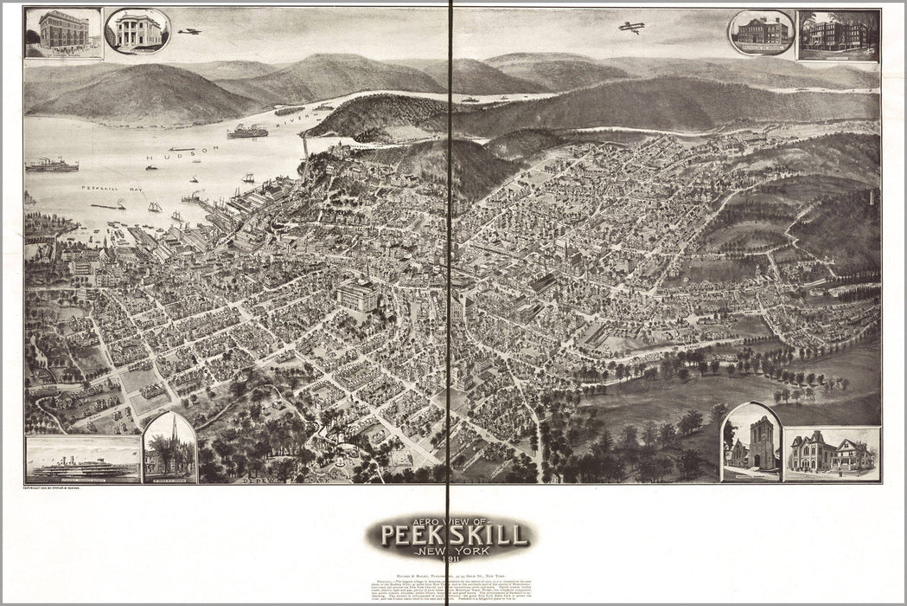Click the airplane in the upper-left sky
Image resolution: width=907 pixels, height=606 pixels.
[189, 31]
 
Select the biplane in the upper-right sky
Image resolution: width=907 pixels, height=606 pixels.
[631, 28]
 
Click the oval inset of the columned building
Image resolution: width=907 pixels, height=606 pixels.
[137, 31]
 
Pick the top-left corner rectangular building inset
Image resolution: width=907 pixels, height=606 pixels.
[63, 33]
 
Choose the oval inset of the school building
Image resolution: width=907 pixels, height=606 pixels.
[761, 32]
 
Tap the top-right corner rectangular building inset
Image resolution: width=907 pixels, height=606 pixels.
[838, 35]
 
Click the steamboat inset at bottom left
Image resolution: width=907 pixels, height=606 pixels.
[83, 460]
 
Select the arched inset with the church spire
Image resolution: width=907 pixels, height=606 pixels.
[169, 448]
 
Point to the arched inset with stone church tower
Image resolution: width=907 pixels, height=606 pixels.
[751, 442]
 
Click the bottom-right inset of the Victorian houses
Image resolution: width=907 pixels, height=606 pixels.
[832, 454]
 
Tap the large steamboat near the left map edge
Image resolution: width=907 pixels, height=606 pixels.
[51, 164]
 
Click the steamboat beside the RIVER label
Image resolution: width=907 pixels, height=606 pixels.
[247, 132]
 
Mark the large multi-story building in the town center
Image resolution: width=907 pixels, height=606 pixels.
[358, 296]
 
